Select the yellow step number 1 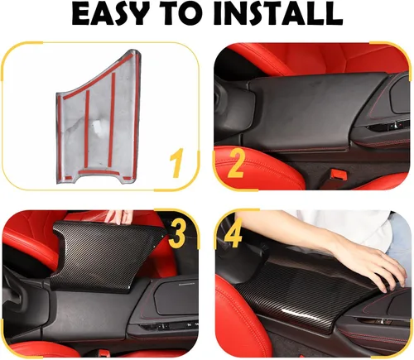(x=176, y=163)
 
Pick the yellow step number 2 (x=235, y=163)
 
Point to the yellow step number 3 (x=177, y=234)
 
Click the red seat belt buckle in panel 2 (x=337, y=174)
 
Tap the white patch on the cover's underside (x=97, y=127)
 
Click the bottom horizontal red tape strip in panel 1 (x=99, y=172)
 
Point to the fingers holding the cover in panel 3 (x=119, y=217)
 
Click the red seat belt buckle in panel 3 (x=104, y=353)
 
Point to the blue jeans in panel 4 (x=399, y=238)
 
